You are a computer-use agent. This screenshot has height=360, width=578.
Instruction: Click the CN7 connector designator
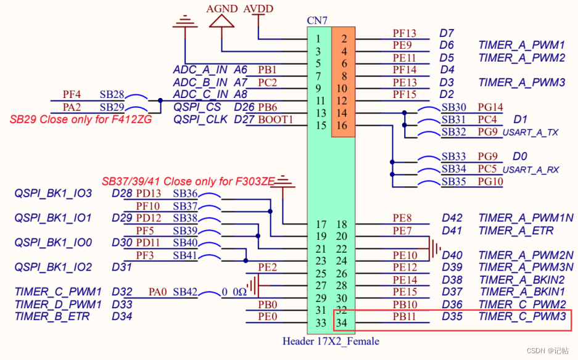point(317,21)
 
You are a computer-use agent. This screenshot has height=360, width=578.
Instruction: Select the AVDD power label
point(258,9)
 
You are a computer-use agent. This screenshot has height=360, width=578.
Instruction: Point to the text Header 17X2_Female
point(331,341)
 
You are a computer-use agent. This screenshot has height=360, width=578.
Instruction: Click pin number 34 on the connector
point(343,322)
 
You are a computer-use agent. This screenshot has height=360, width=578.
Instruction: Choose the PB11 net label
point(405,316)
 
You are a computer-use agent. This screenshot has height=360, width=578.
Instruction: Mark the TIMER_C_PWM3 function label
point(522,317)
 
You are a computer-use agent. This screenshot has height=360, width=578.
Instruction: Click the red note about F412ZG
point(81,119)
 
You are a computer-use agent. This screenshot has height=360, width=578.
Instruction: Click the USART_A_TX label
point(531,133)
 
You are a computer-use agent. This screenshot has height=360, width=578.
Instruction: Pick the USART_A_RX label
point(531,170)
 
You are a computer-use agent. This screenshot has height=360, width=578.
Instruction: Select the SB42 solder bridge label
point(185,292)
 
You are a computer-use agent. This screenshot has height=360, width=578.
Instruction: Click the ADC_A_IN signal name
point(200,70)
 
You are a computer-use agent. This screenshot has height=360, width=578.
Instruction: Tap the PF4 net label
point(72,94)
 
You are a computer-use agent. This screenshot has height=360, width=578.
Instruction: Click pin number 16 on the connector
point(343,126)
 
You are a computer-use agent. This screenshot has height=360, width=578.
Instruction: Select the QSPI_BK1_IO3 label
point(53,194)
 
